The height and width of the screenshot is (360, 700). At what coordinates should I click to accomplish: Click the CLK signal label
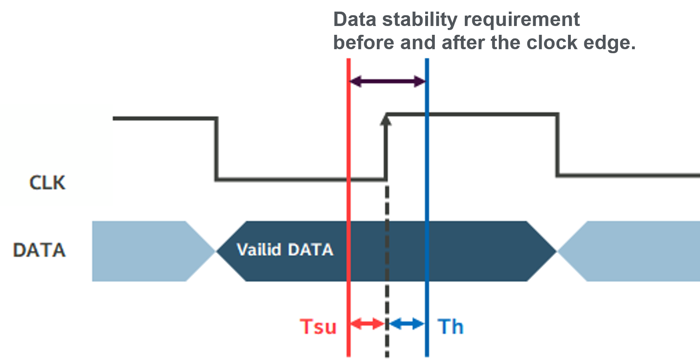tap(47, 183)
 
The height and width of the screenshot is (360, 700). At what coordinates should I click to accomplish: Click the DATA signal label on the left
tap(39, 250)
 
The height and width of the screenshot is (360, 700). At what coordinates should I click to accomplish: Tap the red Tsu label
tap(318, 326)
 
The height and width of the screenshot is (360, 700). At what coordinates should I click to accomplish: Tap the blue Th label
tap(450, 326)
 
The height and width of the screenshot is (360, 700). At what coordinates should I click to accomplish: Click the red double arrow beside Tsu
tap(367, 323)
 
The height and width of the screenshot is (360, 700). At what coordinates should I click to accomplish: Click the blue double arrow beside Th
tap(407, 323)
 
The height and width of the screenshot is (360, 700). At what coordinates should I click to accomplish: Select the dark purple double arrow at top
tap(388, 82)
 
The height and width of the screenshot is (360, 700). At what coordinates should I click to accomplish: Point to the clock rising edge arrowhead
tap(386, 119)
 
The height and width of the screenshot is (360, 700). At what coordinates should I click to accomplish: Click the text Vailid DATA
tap(285, 250)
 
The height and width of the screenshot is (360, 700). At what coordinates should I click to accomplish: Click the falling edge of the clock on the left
tap(216, 149)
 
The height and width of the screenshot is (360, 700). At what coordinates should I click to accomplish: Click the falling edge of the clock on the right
tap(557, 145)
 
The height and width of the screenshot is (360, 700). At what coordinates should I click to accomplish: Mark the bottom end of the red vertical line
tap(348, 354)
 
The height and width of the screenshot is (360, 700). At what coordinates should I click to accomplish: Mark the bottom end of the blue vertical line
tap(427, 354)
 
